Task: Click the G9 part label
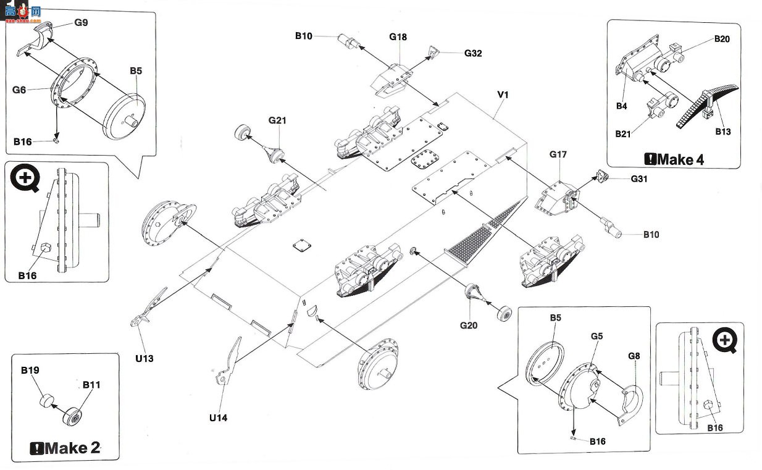pos(81,22)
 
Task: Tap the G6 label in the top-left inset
pos(19,90)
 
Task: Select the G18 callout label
pos(398,37)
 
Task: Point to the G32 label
pos(473,53)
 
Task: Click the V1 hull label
pos(503,94)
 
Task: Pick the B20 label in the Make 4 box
pos(722,39)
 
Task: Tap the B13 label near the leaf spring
pos(723,132)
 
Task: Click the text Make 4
pos(674,159)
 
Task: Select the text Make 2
pos(65,448)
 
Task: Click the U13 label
pos(144,358)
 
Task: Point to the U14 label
pos(218,418)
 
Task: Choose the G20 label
pos(469,325)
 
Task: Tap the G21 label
pos(277,120)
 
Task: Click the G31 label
pos(639,178)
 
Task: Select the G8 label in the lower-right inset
pos(634,356)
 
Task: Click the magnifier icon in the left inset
pos(25,178)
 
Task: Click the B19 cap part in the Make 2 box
pos(46,401)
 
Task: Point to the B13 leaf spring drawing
pos(706,106)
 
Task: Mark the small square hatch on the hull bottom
pos(302,245)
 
